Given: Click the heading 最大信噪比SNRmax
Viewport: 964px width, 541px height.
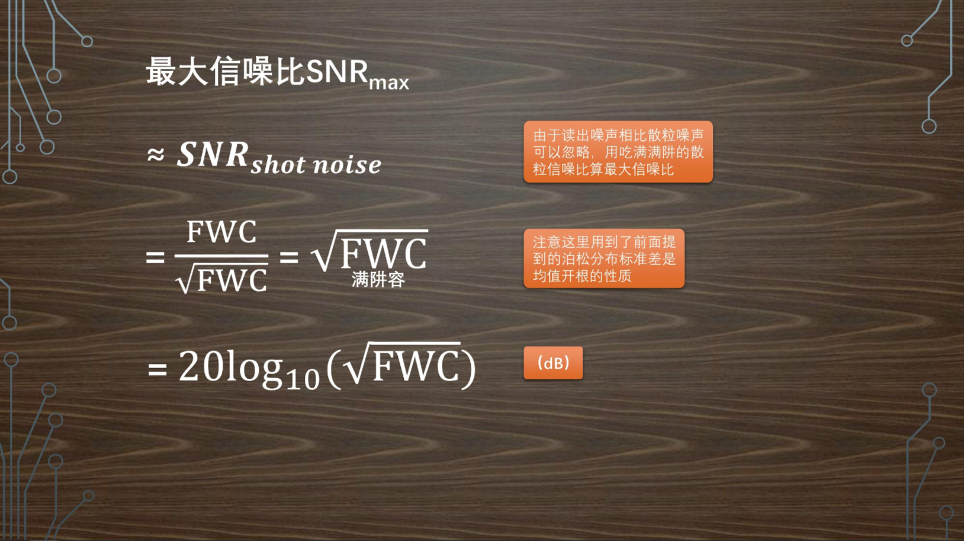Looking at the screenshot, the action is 277,73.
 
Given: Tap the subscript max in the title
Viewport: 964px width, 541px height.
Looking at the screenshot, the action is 388,82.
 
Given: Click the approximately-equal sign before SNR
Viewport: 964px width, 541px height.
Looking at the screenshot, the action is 156,155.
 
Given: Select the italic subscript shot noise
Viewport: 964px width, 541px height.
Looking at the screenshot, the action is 316,165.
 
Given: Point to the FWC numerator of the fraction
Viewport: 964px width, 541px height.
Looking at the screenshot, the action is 221,232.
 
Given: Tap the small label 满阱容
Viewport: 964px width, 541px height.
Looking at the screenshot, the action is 378,280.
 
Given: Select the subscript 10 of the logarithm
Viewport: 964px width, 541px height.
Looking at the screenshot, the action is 302,378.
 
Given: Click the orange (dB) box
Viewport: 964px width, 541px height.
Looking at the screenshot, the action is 552,363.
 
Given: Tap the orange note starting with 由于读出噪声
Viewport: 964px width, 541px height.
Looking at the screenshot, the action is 618,152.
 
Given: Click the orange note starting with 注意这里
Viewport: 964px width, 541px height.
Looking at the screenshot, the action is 603,258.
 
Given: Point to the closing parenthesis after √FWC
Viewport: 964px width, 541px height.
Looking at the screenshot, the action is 468,368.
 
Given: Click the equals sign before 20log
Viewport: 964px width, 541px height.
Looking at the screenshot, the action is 157,369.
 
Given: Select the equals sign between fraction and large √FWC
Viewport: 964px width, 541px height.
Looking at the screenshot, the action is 289,257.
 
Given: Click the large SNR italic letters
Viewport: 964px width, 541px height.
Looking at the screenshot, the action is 213,155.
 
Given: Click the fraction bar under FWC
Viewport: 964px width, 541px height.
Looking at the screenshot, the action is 221,256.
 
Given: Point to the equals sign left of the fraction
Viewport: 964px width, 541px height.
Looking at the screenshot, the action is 155,257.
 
